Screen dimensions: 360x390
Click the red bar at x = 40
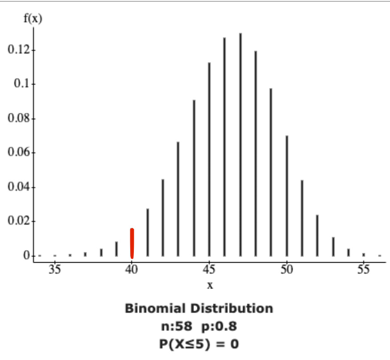(132, 243)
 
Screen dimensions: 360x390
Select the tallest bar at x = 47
(240, 145)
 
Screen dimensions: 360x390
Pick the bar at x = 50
(286, 196)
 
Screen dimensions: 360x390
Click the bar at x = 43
(178, 199)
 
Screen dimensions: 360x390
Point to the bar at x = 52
(317, 235)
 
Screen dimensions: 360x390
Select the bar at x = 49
(271, 172)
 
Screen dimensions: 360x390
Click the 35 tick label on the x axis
(54, 269)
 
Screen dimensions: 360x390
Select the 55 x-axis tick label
(364, 269)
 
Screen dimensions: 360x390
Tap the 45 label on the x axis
(209, 269)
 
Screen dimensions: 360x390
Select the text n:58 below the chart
(176, 327)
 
